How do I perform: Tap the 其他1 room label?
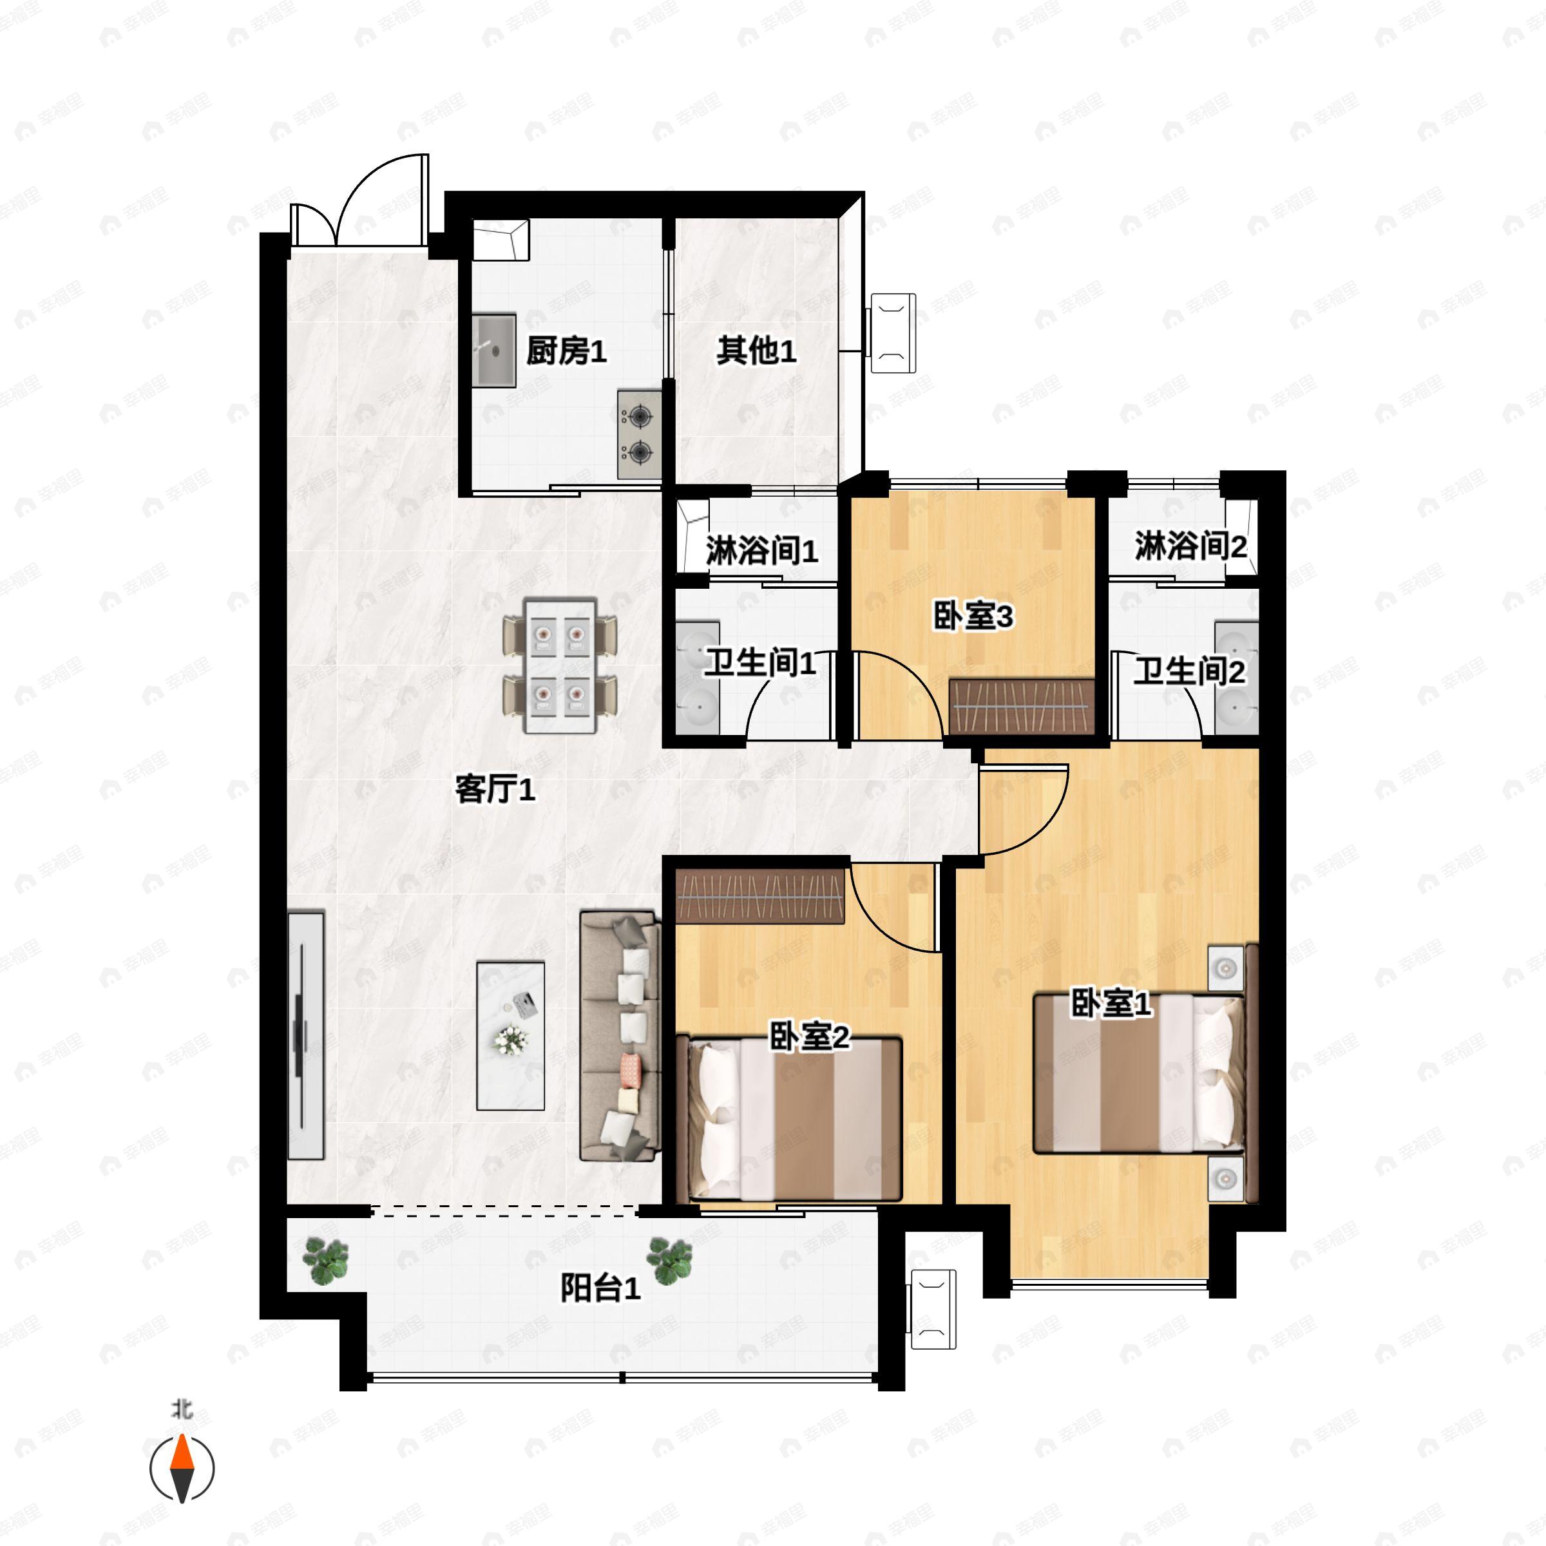pyautogui.click(x=756, y=350)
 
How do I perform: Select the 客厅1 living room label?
pyautogui.click(x=495, y=790)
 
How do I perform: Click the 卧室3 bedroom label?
pyautogui.click(x=973, y=616)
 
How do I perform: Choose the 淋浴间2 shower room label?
pyautogui.click(x=1190, y=546)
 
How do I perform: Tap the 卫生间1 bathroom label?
pyautogui.click(x=760, y=663)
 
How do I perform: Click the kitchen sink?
pyautogui.click(x=493, y=351)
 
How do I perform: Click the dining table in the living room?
pyautogui.click(x=560, y=665)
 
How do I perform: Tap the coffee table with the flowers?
pyautogui.click(x=511, y=1035)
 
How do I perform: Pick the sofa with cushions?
pyautogui.click(x=620, y=1035)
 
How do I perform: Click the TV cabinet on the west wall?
pyautogui.click(x=307, y=1035)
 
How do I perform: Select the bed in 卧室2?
pyautogui.click(x=790, y=1120)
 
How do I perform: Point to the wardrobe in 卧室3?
pyautogui.click(x=1022, y=706)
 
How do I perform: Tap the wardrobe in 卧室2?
pyautogui.click(x=761, y=895)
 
